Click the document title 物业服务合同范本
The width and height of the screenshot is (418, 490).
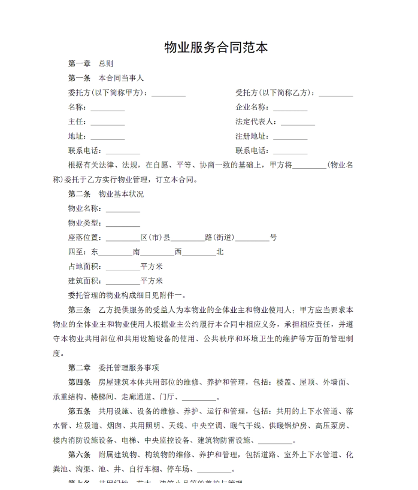tap(216, 47)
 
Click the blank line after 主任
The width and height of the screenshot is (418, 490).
tap(107, 122)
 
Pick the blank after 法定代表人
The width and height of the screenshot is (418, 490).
tap(298, 122)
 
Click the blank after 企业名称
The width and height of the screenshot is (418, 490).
tap(290, 108)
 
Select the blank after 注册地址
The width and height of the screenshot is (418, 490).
tap(290, 136)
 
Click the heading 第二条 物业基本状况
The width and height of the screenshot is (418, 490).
tap(106, 194)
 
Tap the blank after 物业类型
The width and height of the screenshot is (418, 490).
tap(123, 223)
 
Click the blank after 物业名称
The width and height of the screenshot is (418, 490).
tap(123, 209)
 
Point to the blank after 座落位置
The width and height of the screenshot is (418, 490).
tap(123, 238)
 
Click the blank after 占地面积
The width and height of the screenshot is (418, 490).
tap(123, 266)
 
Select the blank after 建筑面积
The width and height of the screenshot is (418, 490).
tap(123, 281)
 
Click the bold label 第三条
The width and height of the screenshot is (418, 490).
tap(80, 310)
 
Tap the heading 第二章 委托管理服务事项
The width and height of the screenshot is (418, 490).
tap(113, 367)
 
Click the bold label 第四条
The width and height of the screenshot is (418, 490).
tap(80, 382)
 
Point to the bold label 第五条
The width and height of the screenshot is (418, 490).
tap(80, 411)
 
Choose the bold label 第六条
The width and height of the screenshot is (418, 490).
tap(80, 454)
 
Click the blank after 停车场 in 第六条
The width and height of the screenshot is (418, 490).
tap(214, 469)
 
